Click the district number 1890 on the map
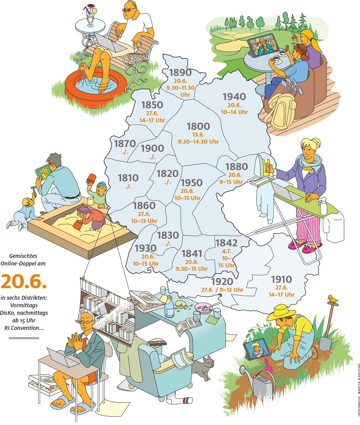tap(180, 73)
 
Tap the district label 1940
tap(234, 97)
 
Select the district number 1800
tap(198, 126)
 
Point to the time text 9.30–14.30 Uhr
tap(198, 142)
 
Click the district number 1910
tap(281, 279)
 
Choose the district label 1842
tap(226, 243)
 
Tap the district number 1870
tap(125, 144)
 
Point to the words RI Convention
tap(24, 328)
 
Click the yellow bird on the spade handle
tap(332, 299)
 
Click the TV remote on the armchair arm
tap(157, 343)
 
